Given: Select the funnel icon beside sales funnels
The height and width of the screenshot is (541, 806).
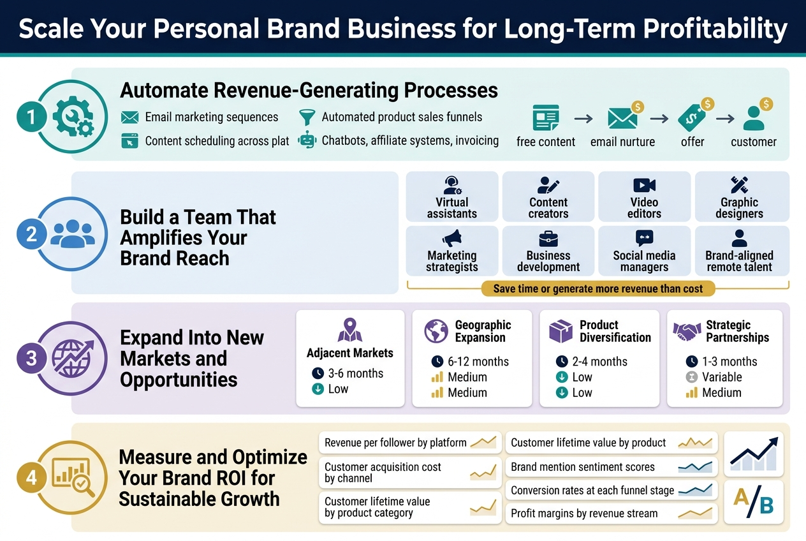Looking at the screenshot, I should pos(307,117).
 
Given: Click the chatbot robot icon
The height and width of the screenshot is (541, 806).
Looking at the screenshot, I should pos(307,140).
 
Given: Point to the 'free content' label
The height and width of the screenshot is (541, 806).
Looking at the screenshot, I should pos(546,142).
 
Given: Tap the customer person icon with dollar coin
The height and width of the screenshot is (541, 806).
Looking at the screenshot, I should pos(754,117).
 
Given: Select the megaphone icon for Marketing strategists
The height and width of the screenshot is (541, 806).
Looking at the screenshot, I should pos(452,239).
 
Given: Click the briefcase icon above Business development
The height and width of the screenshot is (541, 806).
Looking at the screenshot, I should pos(548,239).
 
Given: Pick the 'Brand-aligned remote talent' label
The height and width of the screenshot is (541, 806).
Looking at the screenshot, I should pos(740,261).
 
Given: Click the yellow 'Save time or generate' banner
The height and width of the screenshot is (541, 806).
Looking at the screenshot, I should pos(597,289).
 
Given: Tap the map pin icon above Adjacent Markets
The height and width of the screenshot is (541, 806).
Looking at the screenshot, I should pos(350,330).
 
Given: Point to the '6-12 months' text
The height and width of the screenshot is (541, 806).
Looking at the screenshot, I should pos(478,362).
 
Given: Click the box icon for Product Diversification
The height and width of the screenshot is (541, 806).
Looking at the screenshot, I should pos(561,332).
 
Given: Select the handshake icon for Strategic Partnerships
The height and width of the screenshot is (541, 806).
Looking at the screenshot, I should pos(687,332).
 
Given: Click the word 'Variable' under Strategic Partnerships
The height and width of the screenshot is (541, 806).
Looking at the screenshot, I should pos(722,377).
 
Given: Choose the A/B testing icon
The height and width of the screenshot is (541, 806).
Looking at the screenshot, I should pos(754,500).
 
